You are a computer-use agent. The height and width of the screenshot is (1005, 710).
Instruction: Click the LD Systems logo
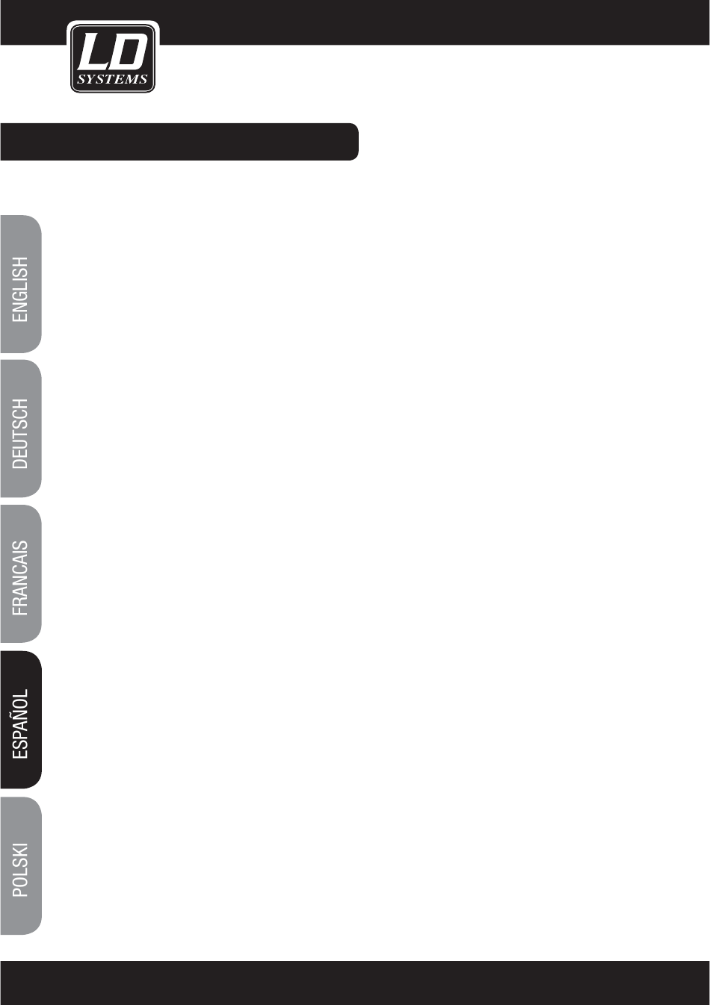click(x=113, y=58)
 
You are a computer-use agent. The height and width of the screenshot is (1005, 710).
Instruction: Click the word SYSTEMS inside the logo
click(x=113, y=79)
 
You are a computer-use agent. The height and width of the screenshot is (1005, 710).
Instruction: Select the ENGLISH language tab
click(x=21, y=284)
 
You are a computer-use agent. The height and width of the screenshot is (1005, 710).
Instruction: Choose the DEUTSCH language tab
click(x=21, y=429)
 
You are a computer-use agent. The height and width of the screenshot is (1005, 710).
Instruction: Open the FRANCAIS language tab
click(x=21, y=573)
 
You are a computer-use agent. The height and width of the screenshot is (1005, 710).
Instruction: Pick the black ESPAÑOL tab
click(x=21, y=719)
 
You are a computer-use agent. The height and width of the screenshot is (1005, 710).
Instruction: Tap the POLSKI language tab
click(x=21, y=865)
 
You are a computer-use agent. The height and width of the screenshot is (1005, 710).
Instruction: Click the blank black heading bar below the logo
click(x=179, y=142)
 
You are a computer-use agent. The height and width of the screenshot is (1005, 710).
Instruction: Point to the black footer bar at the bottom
click(x=355, y=983)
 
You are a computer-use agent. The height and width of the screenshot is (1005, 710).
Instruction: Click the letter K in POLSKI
click(x=21, y=853)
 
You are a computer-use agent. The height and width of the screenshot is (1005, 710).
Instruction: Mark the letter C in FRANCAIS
click(x=21, y=571)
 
